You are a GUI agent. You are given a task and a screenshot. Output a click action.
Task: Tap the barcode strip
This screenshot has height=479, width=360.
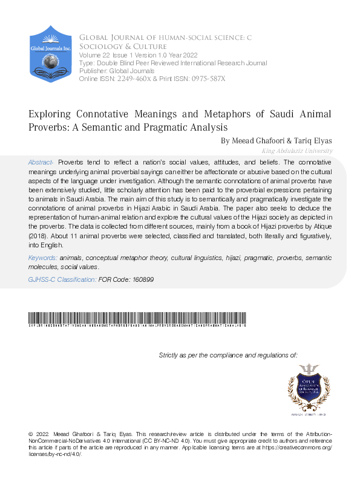(x=137, y=319)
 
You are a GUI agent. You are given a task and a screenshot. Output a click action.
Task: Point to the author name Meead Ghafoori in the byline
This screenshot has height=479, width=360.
(x=250, y=140)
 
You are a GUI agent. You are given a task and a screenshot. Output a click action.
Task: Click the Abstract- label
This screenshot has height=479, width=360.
(x=42, y=163)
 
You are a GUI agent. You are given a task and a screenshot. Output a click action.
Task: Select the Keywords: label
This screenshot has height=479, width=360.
(x=42, y=258)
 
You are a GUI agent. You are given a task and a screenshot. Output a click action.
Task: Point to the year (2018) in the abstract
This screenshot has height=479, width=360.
(x=39, y=236)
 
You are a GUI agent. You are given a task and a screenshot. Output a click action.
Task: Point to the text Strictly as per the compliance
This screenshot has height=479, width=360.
(x=227, y=355)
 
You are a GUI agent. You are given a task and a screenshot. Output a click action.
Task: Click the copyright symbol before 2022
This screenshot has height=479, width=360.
(x=31, y=435)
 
